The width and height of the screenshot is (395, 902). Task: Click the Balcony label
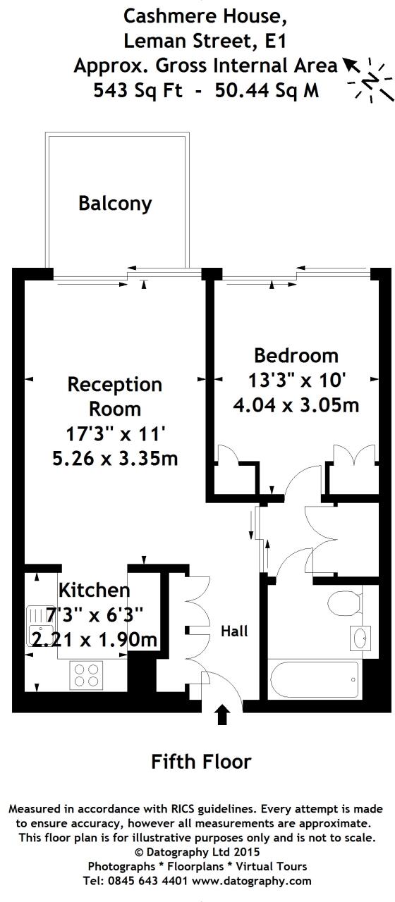click(115, 204)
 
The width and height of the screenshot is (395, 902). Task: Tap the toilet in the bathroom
click(345, 605)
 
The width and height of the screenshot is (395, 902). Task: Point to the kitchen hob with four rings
click(86, 675)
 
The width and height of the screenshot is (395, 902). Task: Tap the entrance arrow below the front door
click(222, 716)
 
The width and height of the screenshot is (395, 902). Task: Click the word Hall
click(234, 631)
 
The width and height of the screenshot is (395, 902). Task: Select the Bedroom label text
click(296, 356)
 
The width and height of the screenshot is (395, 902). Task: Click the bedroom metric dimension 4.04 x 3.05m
click(296, 405)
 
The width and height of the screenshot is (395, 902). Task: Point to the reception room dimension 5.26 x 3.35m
click(115, 459)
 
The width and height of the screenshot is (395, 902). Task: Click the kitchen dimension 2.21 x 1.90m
click(95, 640)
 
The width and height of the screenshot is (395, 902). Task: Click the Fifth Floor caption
click(201, 761)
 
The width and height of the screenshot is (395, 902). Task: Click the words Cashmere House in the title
click(196, 15)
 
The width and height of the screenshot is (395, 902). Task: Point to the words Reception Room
click(115, 396)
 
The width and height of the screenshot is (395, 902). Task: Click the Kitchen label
click(94, 590)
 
